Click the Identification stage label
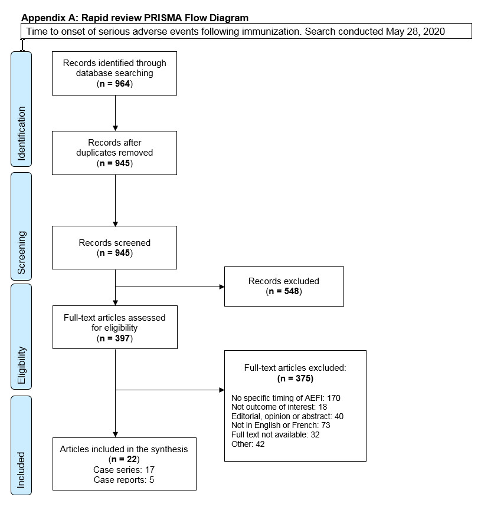click(21, 134)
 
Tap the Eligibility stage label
click(21, 366)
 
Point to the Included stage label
click(21, 469)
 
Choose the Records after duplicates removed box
click(114, 153)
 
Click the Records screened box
click(114, 248)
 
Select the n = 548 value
click(284, 291)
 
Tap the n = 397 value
click(114, 338)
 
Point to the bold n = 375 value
click(295, 378)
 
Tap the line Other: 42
click(249, 444)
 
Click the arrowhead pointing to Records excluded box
click(221, 287)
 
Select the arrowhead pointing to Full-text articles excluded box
click(221, 390)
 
